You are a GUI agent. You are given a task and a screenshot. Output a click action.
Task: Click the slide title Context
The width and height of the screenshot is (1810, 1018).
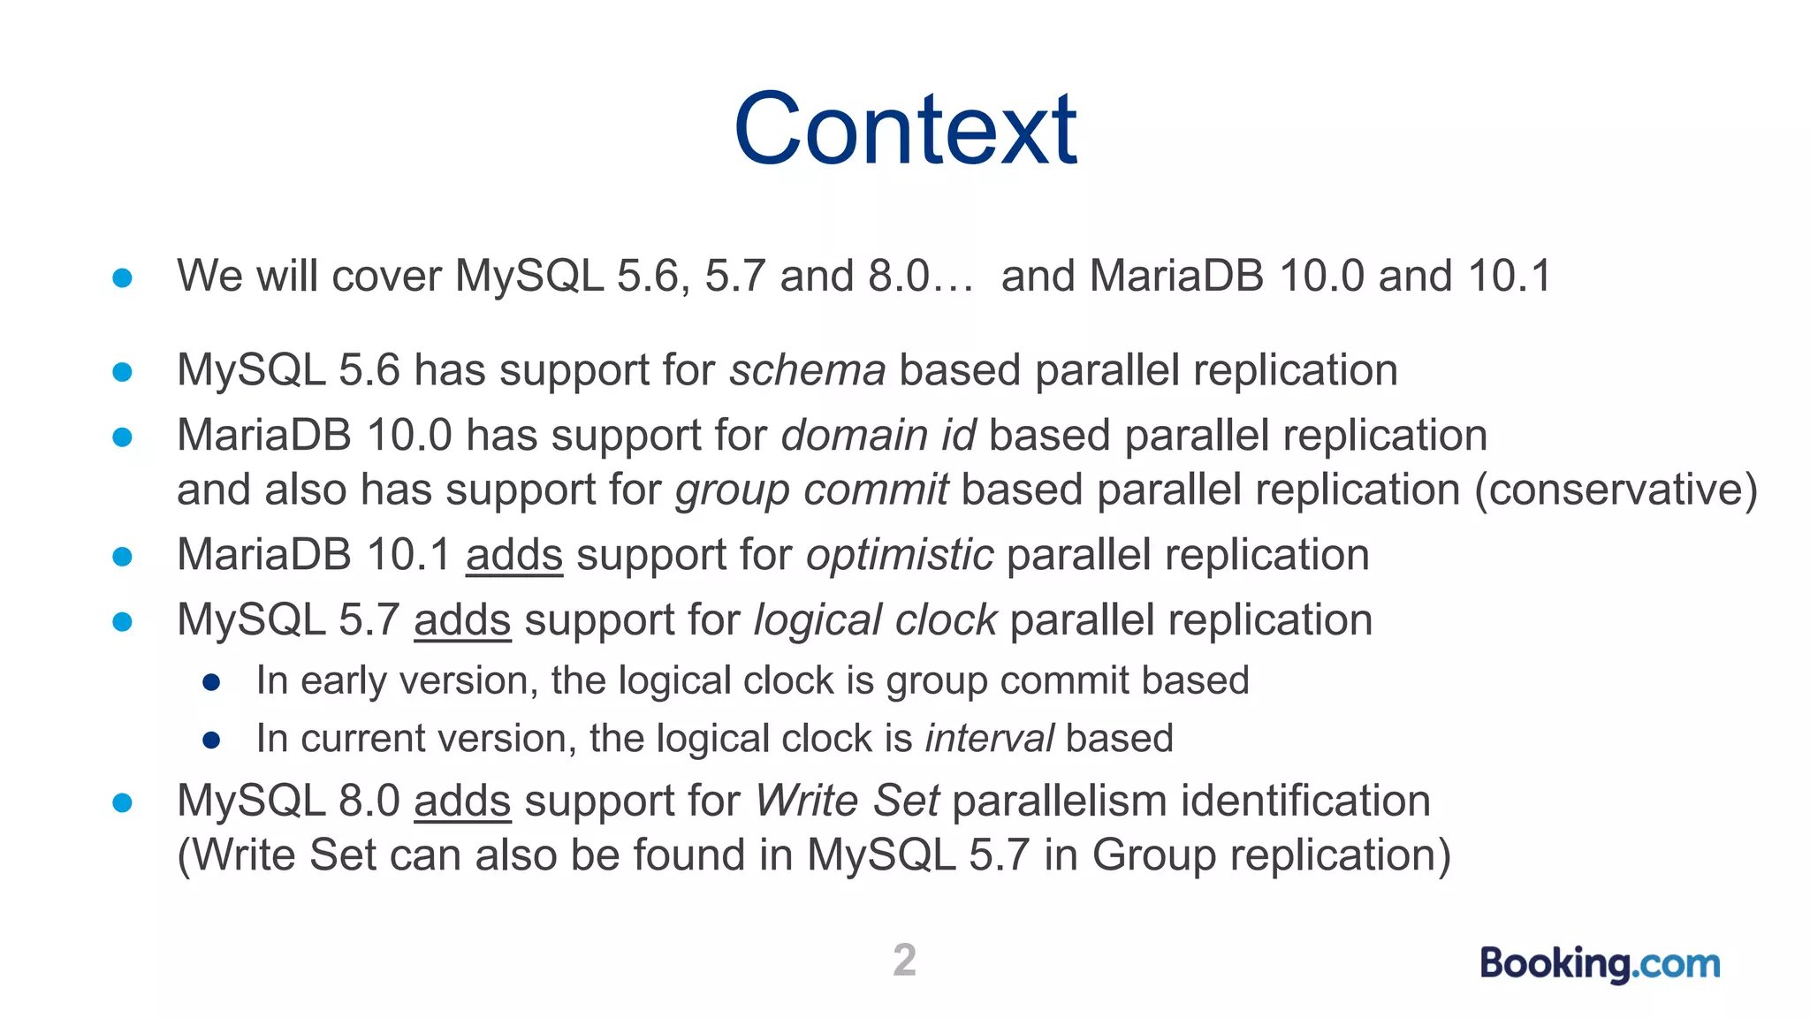point(905,130)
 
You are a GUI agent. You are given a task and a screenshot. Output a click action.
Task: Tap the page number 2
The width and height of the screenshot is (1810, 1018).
point(904,960)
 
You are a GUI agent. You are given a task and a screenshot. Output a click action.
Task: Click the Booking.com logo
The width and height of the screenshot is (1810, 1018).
point(1600,963)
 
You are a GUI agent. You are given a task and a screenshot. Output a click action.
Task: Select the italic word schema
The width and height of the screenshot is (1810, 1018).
point(807,369)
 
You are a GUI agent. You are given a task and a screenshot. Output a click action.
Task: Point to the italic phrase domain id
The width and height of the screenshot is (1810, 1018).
point(878,436)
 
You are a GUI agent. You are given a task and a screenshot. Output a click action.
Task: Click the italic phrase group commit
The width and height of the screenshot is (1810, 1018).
point(811,490)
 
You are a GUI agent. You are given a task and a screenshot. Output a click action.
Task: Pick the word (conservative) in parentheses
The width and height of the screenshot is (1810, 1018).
point(1616,490)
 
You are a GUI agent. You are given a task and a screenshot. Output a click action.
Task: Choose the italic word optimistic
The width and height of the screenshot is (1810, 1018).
point(900,555)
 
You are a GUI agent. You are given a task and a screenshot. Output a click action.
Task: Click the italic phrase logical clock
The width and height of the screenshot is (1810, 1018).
point(875,619)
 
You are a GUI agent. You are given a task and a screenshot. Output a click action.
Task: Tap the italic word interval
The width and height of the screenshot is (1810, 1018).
point(989,738)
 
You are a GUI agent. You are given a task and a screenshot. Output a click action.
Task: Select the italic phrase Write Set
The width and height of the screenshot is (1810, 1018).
point(847,801)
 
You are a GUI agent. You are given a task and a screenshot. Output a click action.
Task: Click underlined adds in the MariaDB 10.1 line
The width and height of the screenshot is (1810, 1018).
point(514,555)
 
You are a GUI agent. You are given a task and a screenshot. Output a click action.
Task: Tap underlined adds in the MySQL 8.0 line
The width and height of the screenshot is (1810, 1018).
point(462,801)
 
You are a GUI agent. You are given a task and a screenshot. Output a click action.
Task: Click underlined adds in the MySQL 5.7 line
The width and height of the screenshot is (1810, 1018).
point(462,619)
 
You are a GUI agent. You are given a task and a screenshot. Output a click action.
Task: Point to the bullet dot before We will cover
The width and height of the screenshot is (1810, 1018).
point(123,278)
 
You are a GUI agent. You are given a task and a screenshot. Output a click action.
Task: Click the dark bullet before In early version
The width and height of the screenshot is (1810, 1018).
point(211,681)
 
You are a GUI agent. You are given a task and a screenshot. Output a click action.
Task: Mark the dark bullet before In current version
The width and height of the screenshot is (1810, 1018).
point(211,740)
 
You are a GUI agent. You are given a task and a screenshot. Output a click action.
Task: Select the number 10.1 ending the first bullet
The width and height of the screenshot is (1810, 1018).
point(1509,276)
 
